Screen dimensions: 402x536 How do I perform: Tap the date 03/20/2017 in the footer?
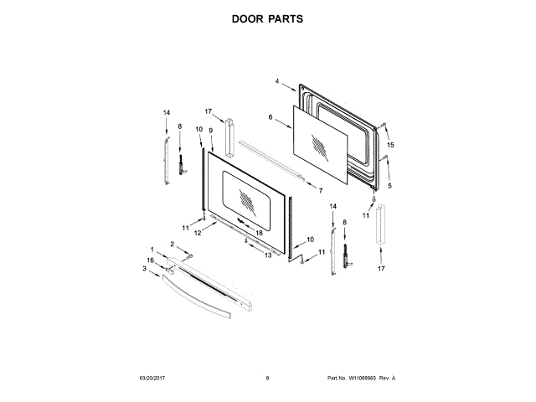[153, 379]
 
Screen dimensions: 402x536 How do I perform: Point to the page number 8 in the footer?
[267, 379]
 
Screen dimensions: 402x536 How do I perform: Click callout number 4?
[276, 81]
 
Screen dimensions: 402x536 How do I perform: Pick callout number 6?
[271, 118]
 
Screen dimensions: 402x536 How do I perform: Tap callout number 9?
[211, 131]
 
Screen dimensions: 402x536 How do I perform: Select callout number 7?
[321, 190]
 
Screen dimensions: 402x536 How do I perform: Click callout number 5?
[389, 185]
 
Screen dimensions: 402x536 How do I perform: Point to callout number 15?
[389, 145]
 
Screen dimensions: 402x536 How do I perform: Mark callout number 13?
[269, 255]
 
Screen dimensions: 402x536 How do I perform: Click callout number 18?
[260, 232]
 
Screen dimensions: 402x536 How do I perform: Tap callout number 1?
[152, 250]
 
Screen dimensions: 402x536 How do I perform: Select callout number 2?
[173, 243]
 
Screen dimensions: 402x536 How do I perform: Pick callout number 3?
[144, 269]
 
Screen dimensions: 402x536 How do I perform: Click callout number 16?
[151, 260]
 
